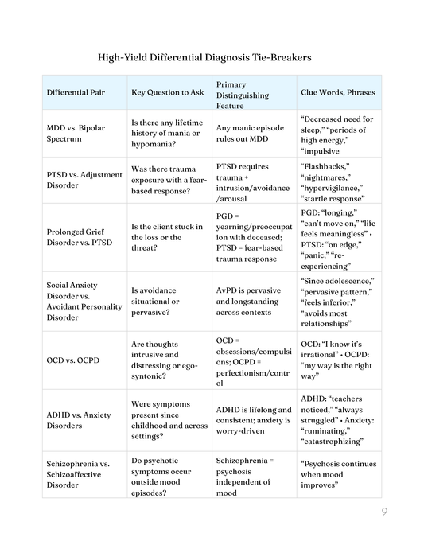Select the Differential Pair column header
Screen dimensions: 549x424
point(77,92)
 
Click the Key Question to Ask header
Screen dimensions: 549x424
point(167,92)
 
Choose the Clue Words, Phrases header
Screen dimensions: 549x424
point(337,92)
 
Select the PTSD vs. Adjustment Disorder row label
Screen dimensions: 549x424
point(84,180)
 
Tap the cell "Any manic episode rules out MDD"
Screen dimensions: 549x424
point(250,135)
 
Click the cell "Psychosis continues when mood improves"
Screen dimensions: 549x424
point(338,476)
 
